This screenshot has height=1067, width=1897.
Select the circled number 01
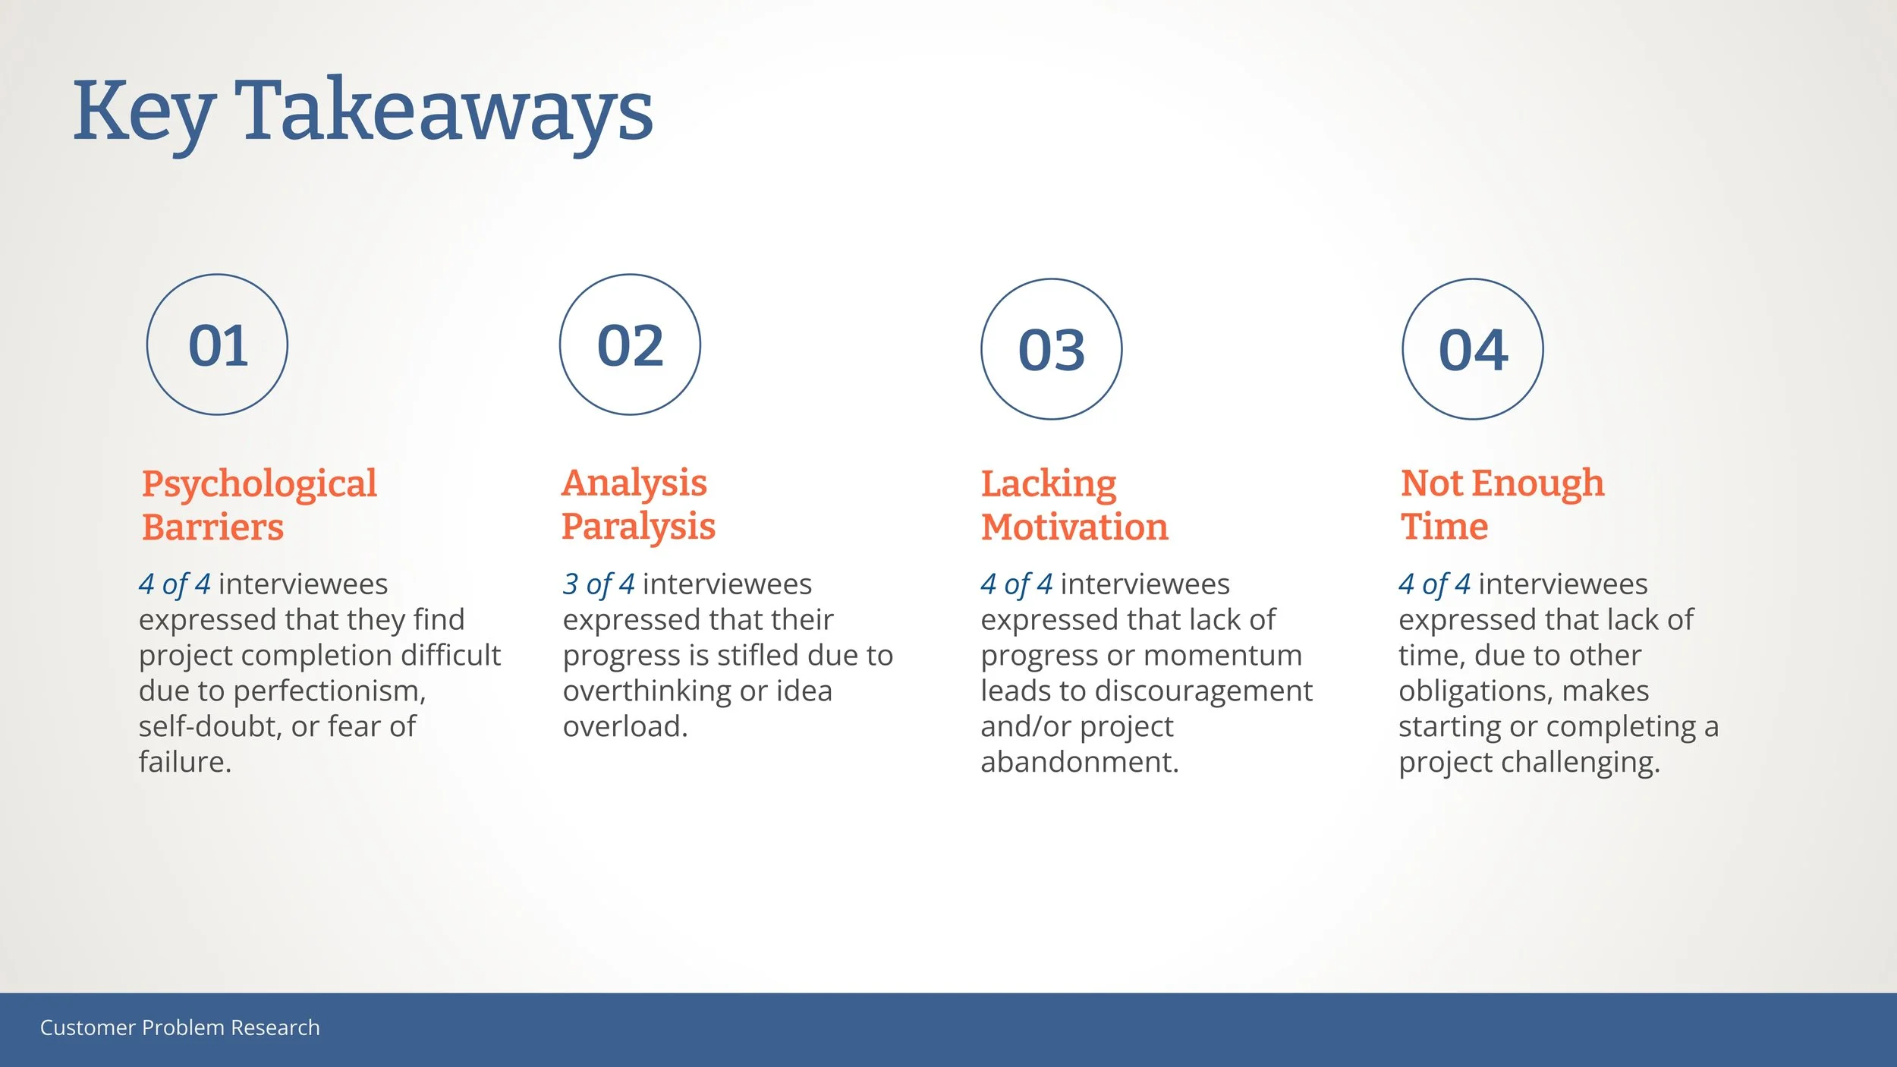tap(218, 345)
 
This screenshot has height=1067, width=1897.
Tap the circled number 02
tap(630, 345)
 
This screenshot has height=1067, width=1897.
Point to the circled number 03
tap(1052, 350)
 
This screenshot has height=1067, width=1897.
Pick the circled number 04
tap(1473, 350)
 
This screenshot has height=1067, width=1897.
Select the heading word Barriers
tap(212, 527)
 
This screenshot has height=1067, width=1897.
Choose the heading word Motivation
tap(1074, 527)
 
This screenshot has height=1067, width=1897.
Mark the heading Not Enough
tap(1502, 484)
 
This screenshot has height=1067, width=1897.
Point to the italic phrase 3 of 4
tap(599, 584)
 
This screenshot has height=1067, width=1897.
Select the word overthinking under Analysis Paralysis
tap(647, 691)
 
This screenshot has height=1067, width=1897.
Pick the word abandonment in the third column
tap(1080, 762)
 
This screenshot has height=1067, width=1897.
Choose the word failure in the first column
tap(184, 762)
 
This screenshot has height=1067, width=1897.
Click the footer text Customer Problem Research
tap(180, 1028)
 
